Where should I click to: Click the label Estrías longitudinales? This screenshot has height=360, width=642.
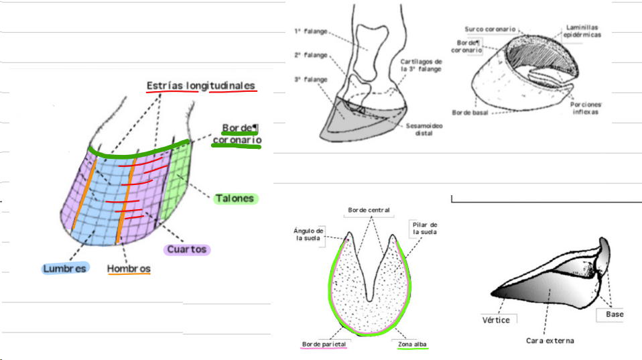click(201, 86)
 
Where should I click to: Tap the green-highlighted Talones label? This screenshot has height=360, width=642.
click(235, 198)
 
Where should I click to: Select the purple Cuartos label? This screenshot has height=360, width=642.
click(187, 249)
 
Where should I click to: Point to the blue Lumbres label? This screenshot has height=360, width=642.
click(65, 268)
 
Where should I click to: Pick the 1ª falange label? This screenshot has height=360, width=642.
click(311, 31)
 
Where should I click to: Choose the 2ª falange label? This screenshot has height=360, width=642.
click(311, 55)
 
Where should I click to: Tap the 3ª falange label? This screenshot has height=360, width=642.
click(311, 79)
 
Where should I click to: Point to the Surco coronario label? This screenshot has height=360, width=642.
click(491, 29)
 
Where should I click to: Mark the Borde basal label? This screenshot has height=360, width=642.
click(470, 113)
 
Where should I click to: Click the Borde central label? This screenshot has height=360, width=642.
click(368, 211)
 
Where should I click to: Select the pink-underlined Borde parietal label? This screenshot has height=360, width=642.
click(324, 345)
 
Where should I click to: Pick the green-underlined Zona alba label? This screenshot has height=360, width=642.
click(412, 345)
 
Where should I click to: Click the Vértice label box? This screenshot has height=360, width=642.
click(496, 320)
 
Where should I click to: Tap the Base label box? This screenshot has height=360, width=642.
click(614, 314)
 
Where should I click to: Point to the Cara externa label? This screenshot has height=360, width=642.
click(550, 341)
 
